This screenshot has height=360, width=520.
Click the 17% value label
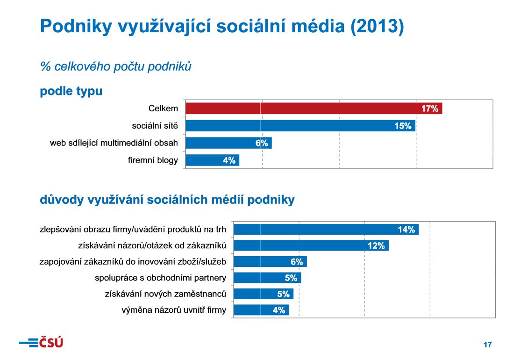tap(429, 109)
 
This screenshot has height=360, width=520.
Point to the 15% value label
tap(402, 126)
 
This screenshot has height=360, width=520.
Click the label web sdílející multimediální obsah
tap(114, 143)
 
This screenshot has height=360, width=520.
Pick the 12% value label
tap(376, 245)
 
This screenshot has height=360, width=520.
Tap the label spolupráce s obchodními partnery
tap(160, 278)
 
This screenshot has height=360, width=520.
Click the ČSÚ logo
tap(41, 343)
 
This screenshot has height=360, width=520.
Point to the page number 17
tap(487, 345)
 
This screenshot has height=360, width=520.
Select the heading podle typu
tap(71, 91)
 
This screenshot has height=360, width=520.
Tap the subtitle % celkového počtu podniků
tap(116, 66)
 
